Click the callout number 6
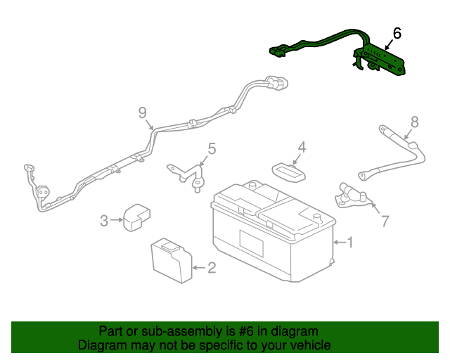pyautogui.click(x=397, y=33)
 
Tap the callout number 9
pyautogui.click(x=142, y=112)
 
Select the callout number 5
pyautogui.click(x=212, y=149)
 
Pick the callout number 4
pyautogui.click(x=302, y=147)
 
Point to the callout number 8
pyautogui.click(x=415, y=122)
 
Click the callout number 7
pyautogui.click(x=385, y=221)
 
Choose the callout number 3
pyautogui.click(x=104, y=221)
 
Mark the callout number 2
pyautogui.click(x=212, y=268)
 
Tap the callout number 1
pyautogui.click(x=350, y=243)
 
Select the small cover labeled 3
pyautogui.click(x=136, y=217)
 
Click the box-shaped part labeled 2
pyautogui.click(x=172, y=261)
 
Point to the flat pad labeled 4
pyautogui.click(x=289, y=172)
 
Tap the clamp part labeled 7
pyautogui.click(x=352, y=196)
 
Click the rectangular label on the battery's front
pyautogui.click(x=252, y=243)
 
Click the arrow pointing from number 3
pyautogui.click(x=117, y=220)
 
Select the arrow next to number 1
pyautogui.click(x=340, y=243)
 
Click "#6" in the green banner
pyautogui.click(x=246, y=331)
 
